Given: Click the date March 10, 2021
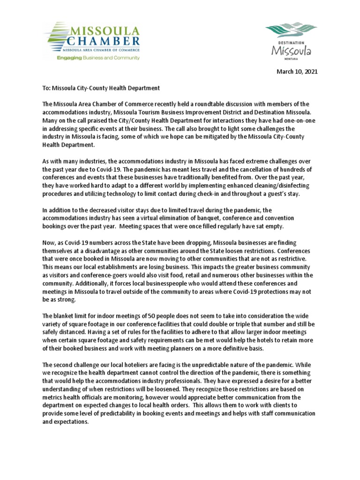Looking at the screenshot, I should coord(297,72).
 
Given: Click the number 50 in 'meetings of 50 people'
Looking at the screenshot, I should coord(151,316).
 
